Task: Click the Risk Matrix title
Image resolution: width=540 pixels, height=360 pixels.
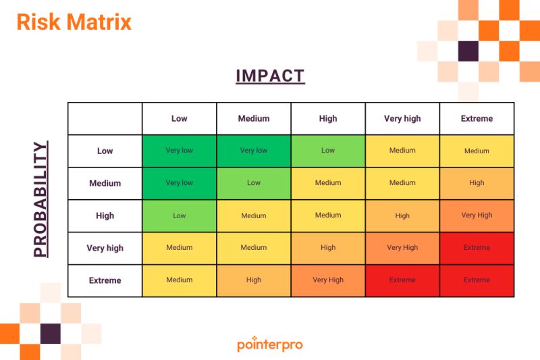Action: tap(74, 22)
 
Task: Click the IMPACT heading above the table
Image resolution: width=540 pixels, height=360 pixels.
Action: tap(270, 76)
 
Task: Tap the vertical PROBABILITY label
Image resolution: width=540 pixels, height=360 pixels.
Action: tap(41, 199)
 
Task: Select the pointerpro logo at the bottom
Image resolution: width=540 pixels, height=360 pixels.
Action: tap(270, 344)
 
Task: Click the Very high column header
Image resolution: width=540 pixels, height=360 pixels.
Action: tap(402, 119)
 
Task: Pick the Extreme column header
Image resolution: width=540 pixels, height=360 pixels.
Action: tap(477, 119)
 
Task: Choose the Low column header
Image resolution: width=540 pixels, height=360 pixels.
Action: tap(179, 119)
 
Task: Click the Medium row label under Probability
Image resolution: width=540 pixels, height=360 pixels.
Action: tap(105, 183)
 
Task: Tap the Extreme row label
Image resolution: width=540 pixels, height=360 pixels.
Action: tap(105, 280)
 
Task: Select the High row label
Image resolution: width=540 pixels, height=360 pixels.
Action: tap(105, 215)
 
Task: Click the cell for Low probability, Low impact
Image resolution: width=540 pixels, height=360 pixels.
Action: tap(179, 151)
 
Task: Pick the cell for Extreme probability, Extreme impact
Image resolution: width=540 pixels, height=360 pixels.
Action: tap(477, 280)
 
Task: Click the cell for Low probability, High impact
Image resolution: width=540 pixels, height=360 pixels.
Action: tap(328, 151)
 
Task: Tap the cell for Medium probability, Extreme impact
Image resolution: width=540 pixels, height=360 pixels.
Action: tap(477, 183)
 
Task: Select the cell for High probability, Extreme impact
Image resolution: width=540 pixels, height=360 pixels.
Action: tap(477, 215)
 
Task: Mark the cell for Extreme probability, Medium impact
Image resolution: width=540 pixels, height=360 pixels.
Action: tap(254, 280)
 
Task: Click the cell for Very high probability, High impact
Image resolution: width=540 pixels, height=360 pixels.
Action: tap(328, 248)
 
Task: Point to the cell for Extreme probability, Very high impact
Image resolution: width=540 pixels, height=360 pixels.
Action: tap(402, 280)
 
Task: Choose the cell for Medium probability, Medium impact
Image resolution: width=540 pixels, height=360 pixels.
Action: tap(254, 183)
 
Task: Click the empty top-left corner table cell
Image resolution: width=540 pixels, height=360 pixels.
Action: tap(105, 119)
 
